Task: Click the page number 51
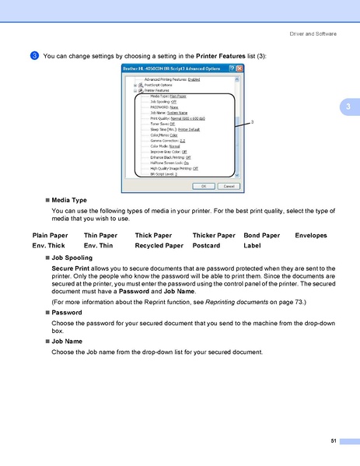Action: (334, 441)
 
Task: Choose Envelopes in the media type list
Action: (311, 235)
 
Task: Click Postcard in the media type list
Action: (207, 245)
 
